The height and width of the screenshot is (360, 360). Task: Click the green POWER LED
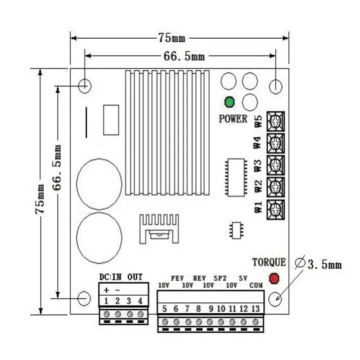(229, 102)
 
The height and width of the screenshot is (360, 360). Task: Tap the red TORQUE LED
(274, 279)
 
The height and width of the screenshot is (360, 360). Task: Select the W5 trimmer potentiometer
(275, 121)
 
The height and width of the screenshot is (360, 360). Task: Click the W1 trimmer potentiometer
(275, 209)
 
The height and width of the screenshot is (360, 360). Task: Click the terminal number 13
(255, 309)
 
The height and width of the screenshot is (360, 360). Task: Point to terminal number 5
(165, 309)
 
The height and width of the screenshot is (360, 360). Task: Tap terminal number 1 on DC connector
(106, 301)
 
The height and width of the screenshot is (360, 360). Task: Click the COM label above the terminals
(256, 285)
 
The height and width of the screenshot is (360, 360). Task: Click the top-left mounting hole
(84, 85)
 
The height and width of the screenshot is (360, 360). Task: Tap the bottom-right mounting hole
(276, 297)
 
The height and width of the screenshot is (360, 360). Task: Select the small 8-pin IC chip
(236, 230)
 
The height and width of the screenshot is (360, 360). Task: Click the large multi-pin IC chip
(236, 177)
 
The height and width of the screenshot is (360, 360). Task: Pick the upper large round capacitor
(99, 184)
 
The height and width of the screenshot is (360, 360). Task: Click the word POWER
(233, 119)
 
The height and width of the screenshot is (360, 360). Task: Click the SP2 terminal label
(220, 278)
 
